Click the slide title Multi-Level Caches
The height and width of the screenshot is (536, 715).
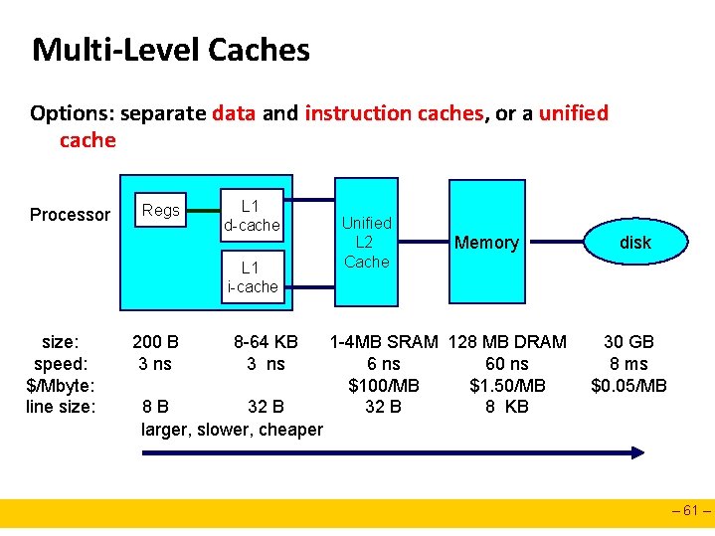pyautogui.click(x=171, y=50)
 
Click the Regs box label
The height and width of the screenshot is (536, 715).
pyautogui.click(x=161, y=210)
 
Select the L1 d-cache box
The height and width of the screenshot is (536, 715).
pyautogui.click(x=253, y=215)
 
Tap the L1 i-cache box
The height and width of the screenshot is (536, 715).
pyautogui.click(x=253, y=276)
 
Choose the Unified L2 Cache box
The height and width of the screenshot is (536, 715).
pyautogui.click(x=367, y=242)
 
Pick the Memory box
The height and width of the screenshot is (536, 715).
pyautogui.click(x=486, y=242)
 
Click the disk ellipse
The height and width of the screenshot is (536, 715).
pyautogui.click(x=635, y=243)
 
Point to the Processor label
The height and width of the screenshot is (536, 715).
pyautogui.click(x=70, y=215)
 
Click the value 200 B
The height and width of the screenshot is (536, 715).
pyautogui.click(x=155, y=342)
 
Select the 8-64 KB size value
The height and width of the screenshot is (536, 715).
pyautogui.click(x=266, y=342)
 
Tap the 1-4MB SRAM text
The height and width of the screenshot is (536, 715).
pyautogui.click(x=384, y=342)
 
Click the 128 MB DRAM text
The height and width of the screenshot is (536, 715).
pyautogui.click(x=507, y=342)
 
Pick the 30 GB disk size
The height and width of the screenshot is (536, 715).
pyautogui.click(x=628, y=342)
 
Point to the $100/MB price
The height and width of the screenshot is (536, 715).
pyautogui.click(x=384, y=386)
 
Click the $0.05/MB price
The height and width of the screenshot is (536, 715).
pyautogui.click(x=628, y=386)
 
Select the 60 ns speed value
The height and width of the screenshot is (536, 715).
pyautogui.click(x=507, y=364)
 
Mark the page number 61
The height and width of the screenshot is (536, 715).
pyautogui.click(x=691, y=513)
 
